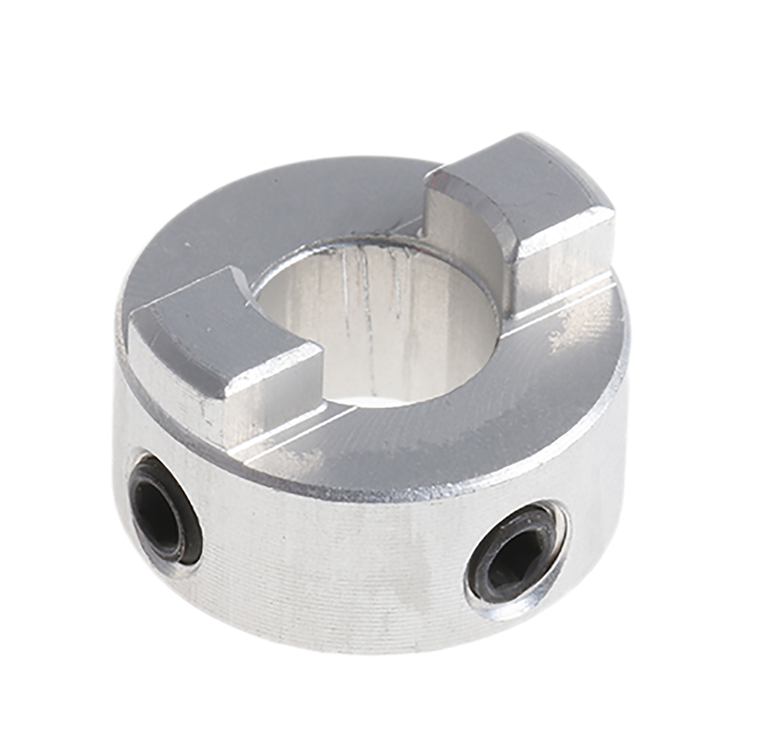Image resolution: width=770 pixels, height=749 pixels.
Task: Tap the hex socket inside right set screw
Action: pyautogui.click(x=513, y=562)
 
